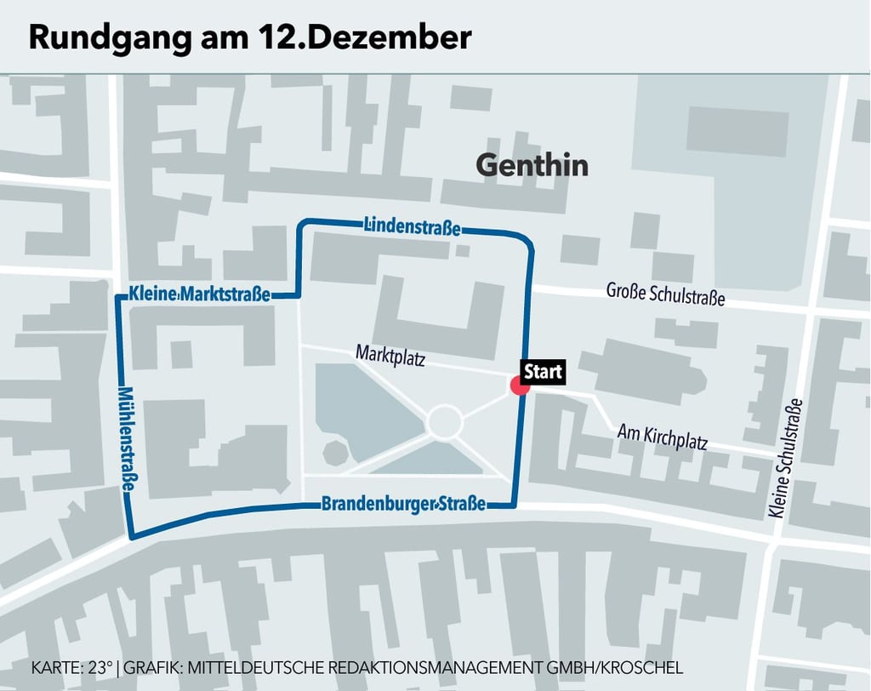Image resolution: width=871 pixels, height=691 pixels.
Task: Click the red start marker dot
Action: [x=520, y=385]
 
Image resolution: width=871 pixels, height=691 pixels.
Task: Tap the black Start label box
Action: [x=543, y=372]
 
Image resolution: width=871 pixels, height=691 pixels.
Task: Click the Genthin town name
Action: [x=532, y=164]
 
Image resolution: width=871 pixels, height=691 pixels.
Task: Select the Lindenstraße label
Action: [x=412, y=226]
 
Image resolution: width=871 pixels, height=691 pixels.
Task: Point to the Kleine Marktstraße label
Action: [x=200, y=294]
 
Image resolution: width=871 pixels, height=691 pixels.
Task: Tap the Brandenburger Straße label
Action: [x=403, y=504]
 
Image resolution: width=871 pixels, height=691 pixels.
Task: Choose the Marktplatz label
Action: [x=390, y=355]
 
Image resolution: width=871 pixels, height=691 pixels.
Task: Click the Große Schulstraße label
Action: [x=665, y=294]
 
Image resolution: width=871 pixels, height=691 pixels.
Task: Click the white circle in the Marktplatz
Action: [x=444, y=421]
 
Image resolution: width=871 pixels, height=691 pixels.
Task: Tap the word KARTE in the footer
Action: [x=55, y=666]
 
